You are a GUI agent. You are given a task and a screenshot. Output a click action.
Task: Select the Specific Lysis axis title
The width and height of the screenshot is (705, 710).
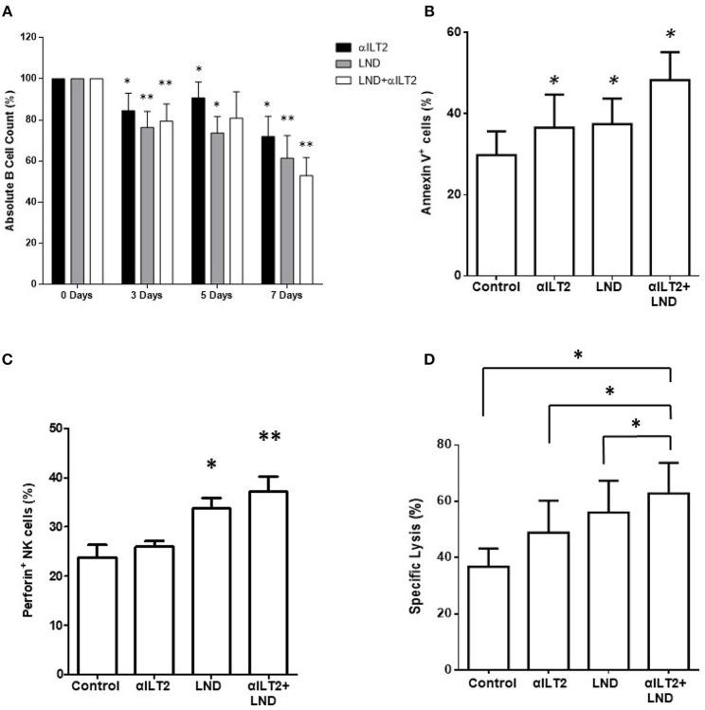tap(415, 556)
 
